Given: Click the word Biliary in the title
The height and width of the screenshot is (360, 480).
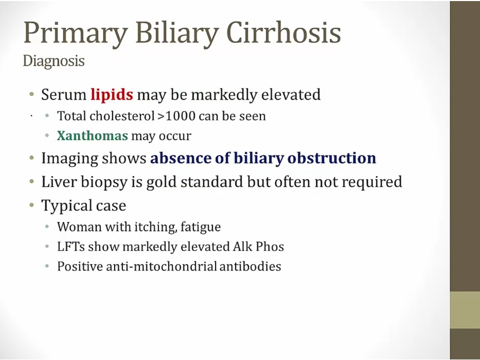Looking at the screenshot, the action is click(177, 33).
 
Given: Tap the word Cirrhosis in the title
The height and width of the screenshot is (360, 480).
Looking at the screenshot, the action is click(284, 32).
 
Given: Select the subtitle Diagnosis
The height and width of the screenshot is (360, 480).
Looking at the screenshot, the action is click(53, 61).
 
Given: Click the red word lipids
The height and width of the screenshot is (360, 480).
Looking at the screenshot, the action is click(112, 95).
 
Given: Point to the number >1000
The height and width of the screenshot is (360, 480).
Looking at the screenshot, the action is click(177, 116).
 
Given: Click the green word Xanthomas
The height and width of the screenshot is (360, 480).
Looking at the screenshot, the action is click(92, 135).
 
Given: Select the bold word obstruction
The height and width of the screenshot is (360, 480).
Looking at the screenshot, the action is click(332, 158).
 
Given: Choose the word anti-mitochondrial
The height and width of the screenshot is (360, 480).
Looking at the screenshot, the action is click(161, 266).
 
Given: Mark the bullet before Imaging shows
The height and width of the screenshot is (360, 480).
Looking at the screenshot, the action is click(32, 158).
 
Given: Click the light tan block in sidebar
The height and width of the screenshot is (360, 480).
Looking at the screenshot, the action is click(465, 310).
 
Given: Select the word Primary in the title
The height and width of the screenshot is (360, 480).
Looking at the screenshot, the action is click(76, 33).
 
